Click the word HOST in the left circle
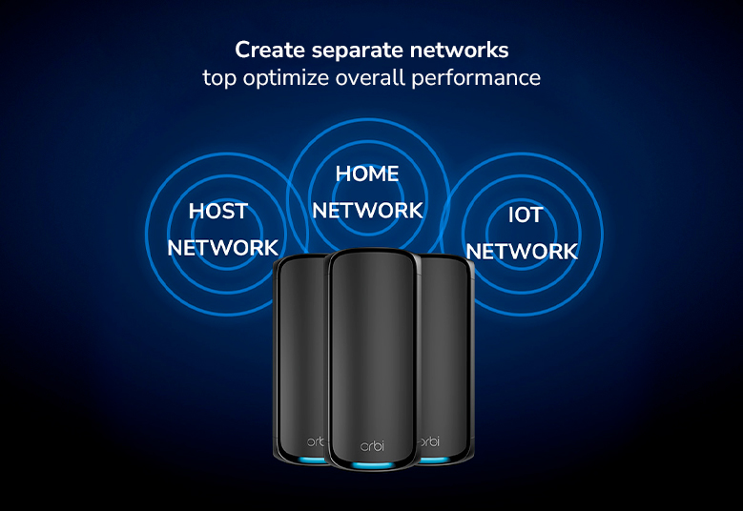(x=218, y=212)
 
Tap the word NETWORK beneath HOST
(x=223, y=248)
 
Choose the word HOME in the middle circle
(x=367, y=174)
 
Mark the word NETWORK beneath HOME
(x=367, y=211)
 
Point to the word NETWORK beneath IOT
(x=522, y=252)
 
